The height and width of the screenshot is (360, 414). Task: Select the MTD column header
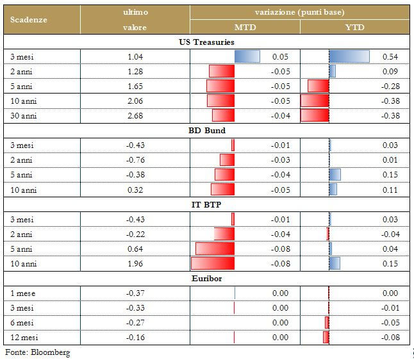pos(245,28)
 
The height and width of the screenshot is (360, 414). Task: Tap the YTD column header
pos(355,28)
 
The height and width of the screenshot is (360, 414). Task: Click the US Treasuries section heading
pos(206,42)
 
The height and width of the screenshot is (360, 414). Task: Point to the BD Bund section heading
pos(206,131)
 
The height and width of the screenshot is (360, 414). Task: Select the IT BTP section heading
pos(206,204)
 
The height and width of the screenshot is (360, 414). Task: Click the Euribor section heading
pos(206,279)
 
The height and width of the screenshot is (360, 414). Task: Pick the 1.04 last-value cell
pos(135,57)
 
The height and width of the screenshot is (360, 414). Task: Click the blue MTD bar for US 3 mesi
pos(247,57)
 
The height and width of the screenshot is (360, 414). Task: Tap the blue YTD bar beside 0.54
pos(349,57)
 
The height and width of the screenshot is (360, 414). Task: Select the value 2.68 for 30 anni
pos(135,116)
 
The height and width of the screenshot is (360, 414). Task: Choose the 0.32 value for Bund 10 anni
pos(135,190)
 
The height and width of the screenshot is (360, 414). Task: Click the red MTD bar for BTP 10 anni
pos(213,263)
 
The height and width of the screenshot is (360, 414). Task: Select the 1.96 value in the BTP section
pos(135,263)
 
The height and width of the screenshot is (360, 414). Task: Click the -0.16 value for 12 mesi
pos(135,337)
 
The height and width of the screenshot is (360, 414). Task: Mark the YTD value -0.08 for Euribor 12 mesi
pos(390,337)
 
